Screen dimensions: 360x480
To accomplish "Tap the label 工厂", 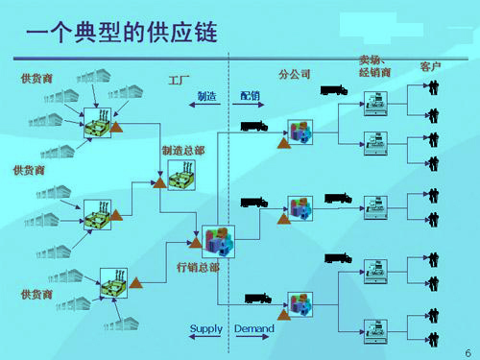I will (x=180, y=77).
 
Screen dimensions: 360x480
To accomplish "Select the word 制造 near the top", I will (x=206, y=96).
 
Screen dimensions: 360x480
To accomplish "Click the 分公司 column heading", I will (x=294, y=75).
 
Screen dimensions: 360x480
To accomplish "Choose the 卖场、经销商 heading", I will (x=374, y=65).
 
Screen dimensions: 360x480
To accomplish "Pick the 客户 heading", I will (x=430, y=67).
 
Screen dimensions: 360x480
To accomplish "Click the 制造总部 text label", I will (x=180, y=151).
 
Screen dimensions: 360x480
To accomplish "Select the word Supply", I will (x=205, y=329).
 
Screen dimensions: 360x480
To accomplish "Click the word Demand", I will (x=253, y=329).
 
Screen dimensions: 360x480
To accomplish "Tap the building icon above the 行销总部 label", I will (x=217, y=239).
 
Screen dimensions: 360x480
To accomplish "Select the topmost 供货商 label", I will (x=36, y=77).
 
